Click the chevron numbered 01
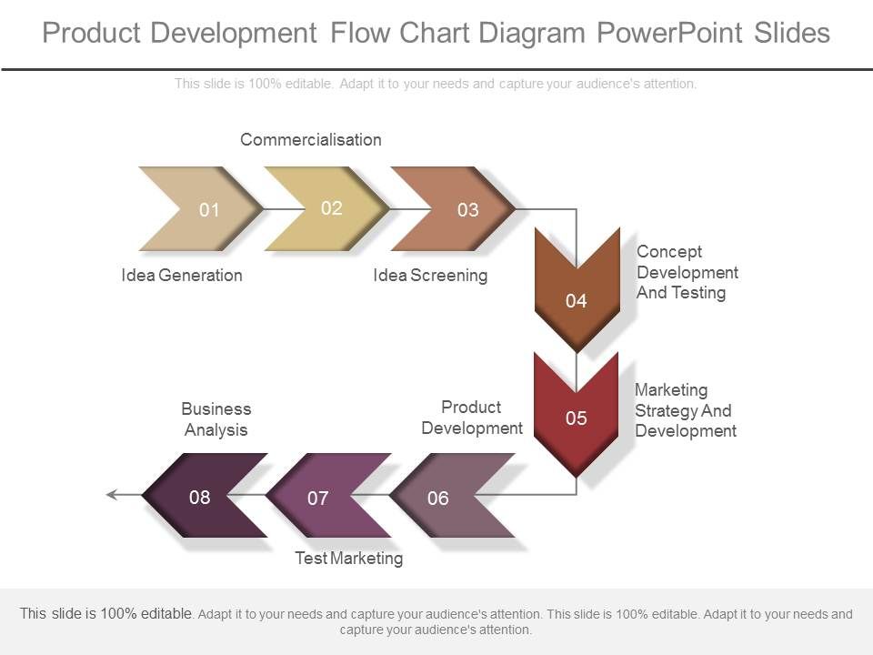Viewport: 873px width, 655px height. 205,209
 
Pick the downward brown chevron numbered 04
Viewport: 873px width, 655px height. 577,296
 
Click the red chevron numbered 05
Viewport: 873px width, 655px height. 577,416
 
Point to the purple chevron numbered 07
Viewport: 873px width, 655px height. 322,498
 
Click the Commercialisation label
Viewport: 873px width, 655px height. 311,139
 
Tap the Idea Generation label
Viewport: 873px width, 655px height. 182,275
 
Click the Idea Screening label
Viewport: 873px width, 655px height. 430,275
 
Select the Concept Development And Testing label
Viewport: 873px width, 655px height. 687,272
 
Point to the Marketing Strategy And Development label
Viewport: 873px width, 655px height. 685,410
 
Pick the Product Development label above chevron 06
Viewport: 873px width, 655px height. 472,418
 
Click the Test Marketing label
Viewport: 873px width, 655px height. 348,558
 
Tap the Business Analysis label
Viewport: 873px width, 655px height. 216,419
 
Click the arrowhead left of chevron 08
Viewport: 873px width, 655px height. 113,495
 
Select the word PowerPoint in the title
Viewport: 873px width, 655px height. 669,34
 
